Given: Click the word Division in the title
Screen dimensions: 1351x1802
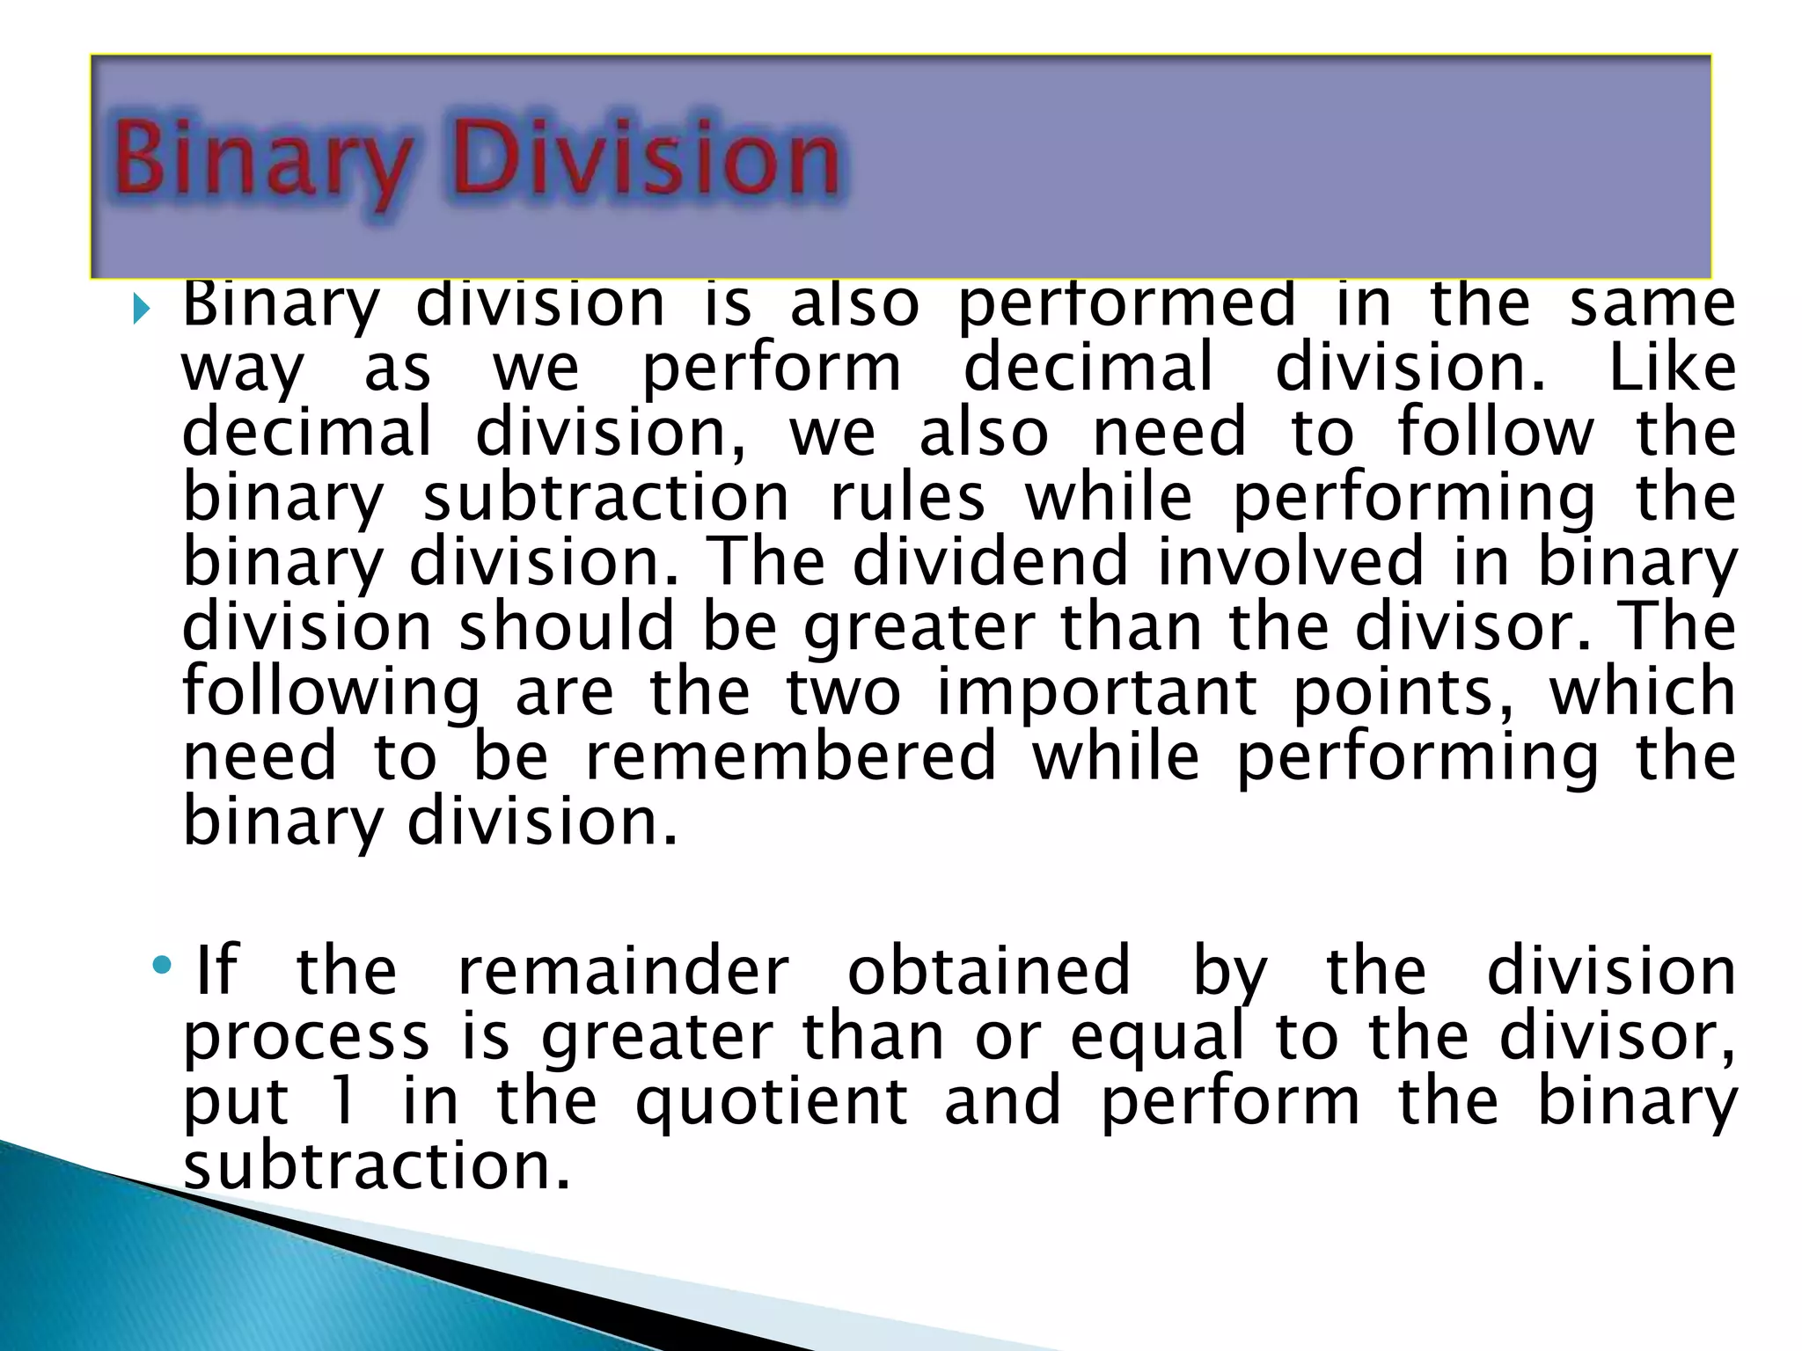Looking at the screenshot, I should [647, 159].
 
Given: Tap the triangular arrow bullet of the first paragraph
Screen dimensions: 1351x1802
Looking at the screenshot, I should [141, 309].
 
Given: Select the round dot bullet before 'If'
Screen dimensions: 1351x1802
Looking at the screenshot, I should [161, 966].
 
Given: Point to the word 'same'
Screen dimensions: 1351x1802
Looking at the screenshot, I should [1652, 304].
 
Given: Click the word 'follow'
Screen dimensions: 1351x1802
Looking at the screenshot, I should [1495, 432].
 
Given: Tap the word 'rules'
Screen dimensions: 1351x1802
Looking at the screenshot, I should [907, 498].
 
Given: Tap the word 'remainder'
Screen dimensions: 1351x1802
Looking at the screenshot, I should [623, 971].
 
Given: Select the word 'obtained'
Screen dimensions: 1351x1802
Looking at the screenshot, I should [988, 971].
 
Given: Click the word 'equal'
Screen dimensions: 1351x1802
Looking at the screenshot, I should [1157, 1038].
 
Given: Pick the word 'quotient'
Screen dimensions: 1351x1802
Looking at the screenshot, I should [771, 1104].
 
